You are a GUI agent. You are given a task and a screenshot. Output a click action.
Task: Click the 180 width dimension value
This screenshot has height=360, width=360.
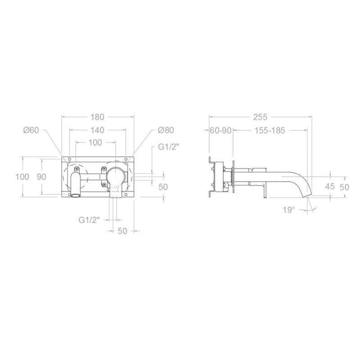coord(97,117)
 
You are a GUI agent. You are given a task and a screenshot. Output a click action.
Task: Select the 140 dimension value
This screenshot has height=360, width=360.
coord(97,130)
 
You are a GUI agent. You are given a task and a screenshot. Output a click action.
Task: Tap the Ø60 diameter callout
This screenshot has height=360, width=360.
coord(31,130)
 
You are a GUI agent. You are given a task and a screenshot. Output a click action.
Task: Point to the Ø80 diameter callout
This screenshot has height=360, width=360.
coord(166,130)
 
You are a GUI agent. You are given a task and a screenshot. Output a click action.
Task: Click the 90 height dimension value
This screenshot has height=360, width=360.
coord(41,177)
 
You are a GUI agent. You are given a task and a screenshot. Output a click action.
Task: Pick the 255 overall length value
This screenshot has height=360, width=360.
coord(261,117)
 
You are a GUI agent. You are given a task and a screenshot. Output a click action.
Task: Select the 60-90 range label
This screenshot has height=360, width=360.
coord(220,130)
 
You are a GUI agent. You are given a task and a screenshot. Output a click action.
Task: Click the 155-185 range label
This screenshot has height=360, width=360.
coord(270,130)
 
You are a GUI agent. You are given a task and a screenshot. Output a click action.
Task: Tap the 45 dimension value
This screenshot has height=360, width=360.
coord(330,186)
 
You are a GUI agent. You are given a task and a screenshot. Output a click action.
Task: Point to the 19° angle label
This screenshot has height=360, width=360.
coord(288,210)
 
